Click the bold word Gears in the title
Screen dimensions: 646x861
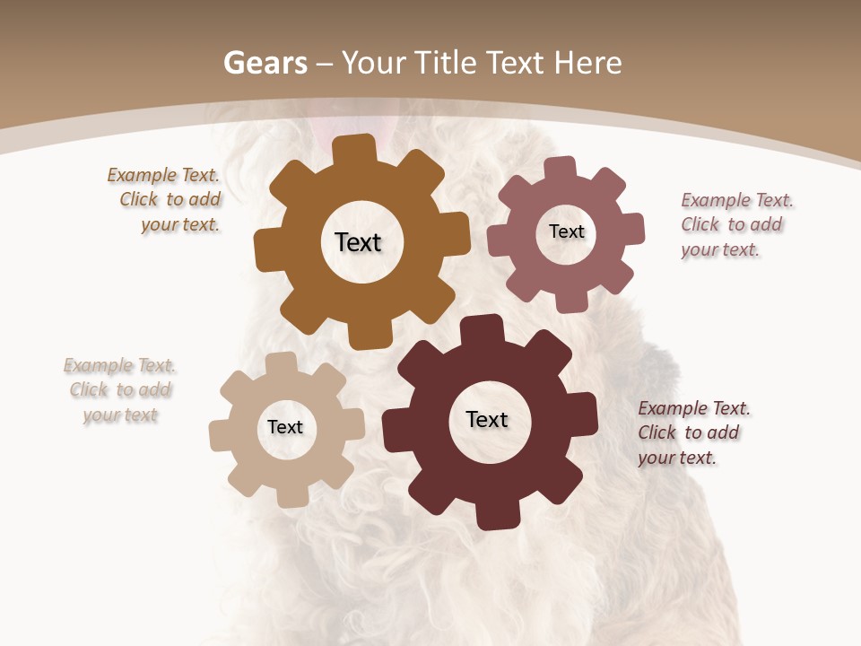265,63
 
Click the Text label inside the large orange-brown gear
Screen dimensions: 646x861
358,242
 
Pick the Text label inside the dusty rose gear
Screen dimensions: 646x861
566,231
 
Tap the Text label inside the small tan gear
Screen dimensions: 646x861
285,427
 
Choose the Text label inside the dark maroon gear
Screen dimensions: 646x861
487,419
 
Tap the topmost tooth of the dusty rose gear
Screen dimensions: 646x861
560,167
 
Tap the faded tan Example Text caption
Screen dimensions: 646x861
120,390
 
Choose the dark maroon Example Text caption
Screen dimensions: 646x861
692,432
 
